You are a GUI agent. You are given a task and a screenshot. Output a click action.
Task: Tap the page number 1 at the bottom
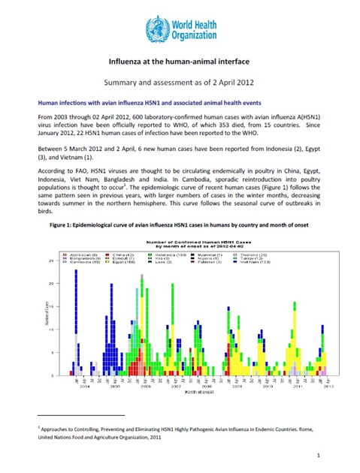click(319, 455)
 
